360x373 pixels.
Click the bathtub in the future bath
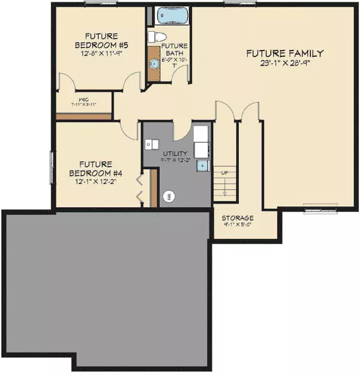pos(166,16)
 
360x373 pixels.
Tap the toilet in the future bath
pos(160,37)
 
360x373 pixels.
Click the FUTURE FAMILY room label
pos(285,53)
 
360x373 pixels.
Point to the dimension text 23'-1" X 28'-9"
pos(286,62)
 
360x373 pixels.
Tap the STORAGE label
pos(237,217)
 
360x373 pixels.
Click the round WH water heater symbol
pos(170,196)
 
